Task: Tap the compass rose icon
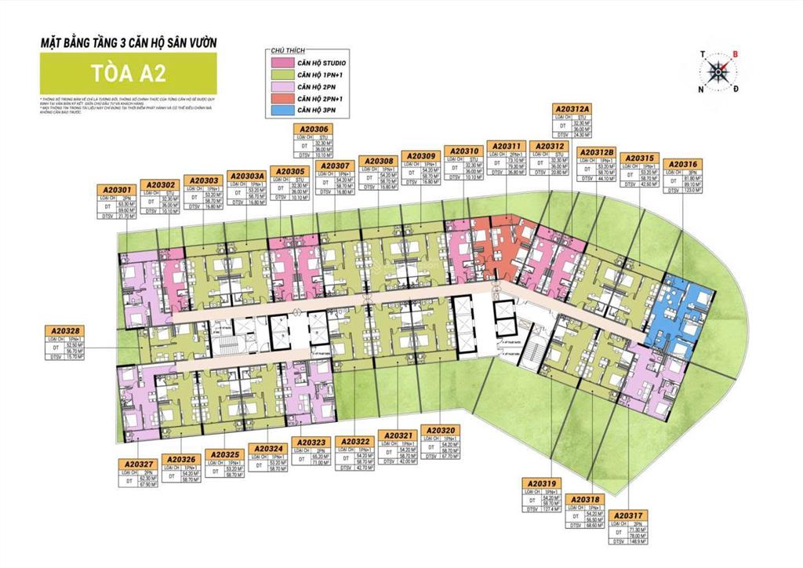[717, 72]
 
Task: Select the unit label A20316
[681, 164]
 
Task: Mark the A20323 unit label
[311, 442]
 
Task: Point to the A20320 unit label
[441, 430]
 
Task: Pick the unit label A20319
[541, 483]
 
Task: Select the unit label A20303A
[247, 176]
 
